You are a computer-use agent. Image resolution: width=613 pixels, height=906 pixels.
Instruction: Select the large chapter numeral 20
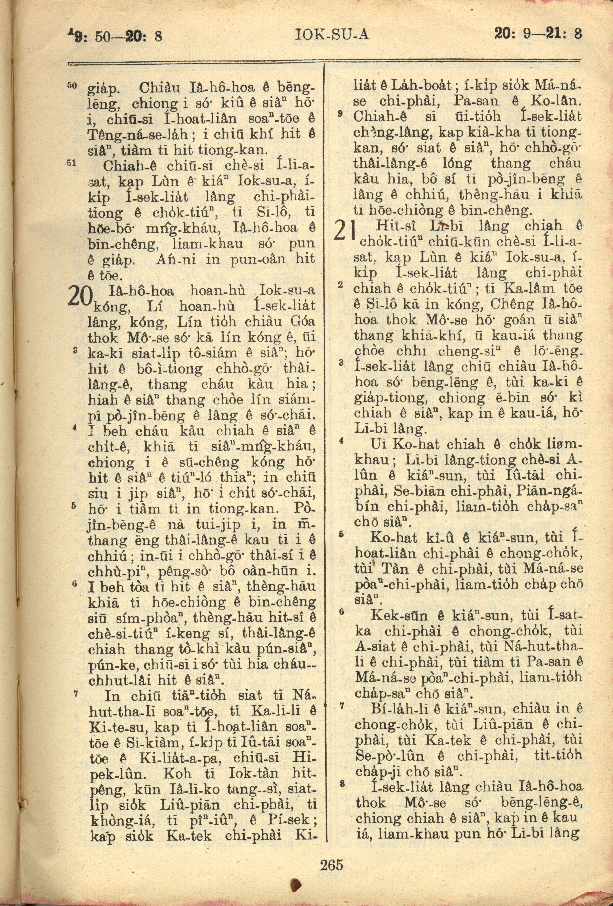tap(81, 297)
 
